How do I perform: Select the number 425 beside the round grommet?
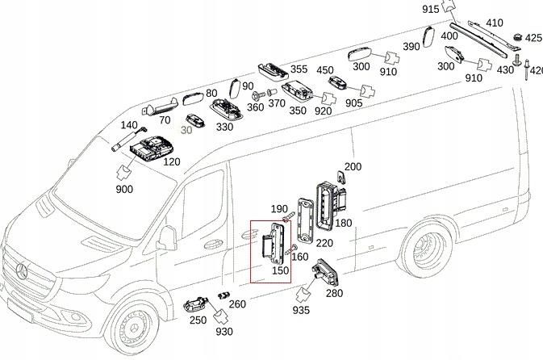click(533, 38)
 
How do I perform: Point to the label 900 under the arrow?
click(124, 189)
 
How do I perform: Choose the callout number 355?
click(299, 70)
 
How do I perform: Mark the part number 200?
click(353, 167)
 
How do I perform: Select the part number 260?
click(237, 304)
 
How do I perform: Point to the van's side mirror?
click(167, 239)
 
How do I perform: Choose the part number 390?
click(411, 47)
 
